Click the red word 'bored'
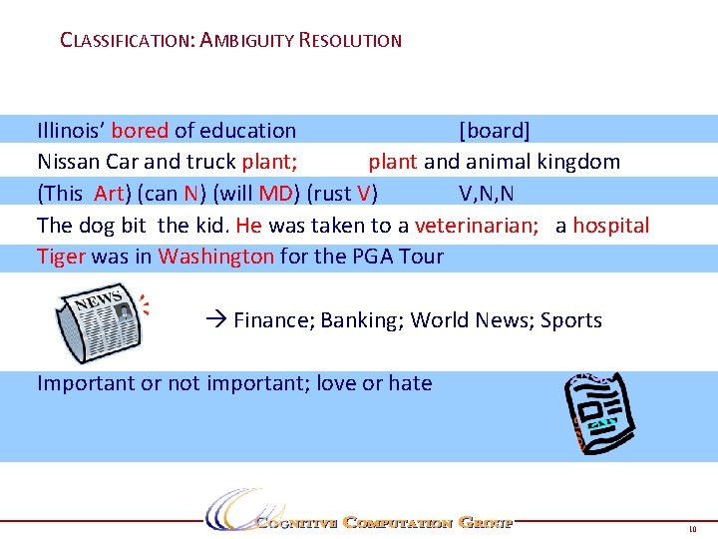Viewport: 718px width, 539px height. point(140,131)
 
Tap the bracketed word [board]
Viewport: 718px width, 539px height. point(494,131)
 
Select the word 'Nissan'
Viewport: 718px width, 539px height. point(68,162)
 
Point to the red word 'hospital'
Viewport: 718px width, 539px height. point(610,226)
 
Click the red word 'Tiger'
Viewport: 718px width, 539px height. point(61,257)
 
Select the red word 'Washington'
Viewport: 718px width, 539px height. point(215,257)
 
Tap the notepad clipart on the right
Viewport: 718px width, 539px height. point(598,411)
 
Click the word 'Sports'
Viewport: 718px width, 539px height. point(571,320)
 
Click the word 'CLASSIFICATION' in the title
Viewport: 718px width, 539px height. point(127,42)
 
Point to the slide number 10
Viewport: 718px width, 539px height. point(693,528)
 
